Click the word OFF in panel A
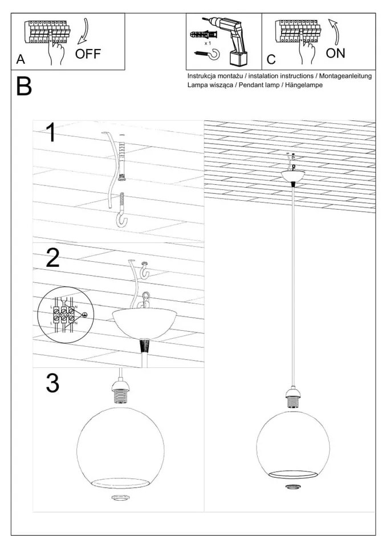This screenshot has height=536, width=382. [88, 54]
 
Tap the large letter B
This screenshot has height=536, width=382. [24, 87]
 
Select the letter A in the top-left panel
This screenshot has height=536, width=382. [21, 60]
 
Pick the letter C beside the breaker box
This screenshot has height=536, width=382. [271, 60]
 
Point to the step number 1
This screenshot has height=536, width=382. [50, 133]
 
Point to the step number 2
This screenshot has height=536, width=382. [52, 258]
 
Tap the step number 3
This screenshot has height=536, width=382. [52, 383]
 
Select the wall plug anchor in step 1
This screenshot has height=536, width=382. [121, 160]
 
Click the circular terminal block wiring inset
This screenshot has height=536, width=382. [62, 314]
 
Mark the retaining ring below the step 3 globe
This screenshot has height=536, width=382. [120, 498]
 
